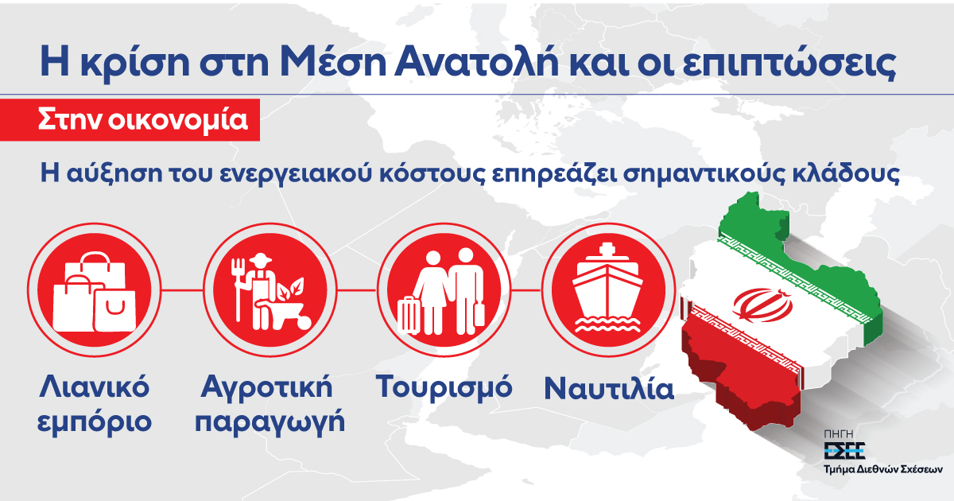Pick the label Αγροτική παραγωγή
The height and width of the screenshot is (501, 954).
(270, 404)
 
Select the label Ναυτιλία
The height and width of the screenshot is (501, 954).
(609, 390)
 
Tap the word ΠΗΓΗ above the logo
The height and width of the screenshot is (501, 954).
(839, 433)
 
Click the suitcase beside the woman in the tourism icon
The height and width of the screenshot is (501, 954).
(410, 315)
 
